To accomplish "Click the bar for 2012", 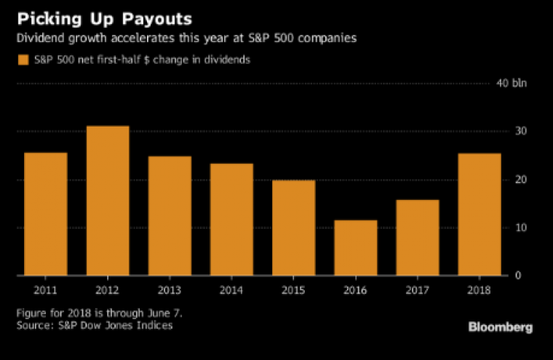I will [x=108, y=201].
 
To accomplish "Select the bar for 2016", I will [x=357, y=248].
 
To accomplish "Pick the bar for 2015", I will [x=294, y=228].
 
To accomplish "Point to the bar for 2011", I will [x=46, y=214].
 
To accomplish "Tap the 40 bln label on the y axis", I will [x=511, y=83].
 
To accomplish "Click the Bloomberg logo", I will [x=500, y=327].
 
